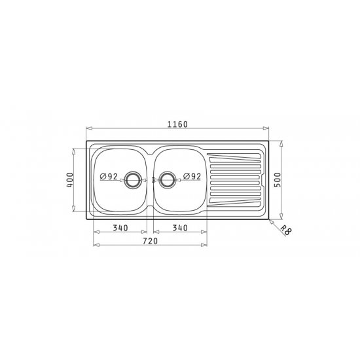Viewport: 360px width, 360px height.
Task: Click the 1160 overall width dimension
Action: (177, 124)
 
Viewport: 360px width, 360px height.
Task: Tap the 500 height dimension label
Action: (278, 180)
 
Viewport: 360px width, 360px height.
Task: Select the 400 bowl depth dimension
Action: (70, 180)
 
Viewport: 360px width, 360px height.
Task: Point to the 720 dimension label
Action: (151, 241)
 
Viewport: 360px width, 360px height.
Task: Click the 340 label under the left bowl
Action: (120, 228)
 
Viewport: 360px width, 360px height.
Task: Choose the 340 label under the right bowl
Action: (180, 228)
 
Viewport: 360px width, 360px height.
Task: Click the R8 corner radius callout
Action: (286, 230)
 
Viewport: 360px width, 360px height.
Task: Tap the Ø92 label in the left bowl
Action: (109, 177)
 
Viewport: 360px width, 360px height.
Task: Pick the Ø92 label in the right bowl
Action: (192, 176)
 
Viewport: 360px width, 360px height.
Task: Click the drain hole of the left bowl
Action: (132, 180)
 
